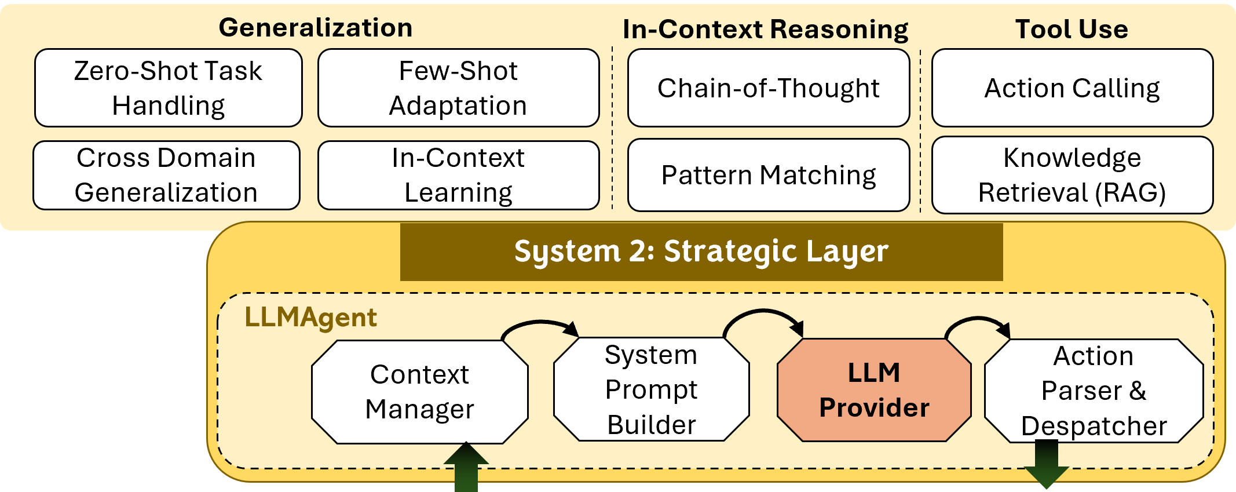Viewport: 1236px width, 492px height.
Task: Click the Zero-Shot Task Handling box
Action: [x=168, y=88]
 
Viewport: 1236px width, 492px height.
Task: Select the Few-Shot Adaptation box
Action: [x=458, y=88]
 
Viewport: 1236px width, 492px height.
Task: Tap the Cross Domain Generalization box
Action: [x=166, y=175]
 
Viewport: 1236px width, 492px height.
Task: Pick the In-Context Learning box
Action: [x=458, y=175]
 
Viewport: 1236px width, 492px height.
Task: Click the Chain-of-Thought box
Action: [x=768, y=88]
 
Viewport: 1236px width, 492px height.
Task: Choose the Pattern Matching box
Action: [x=768, y=175]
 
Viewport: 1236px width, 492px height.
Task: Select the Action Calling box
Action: [x=1072, y=88]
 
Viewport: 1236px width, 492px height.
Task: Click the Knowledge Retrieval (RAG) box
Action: [x=1072, y=175]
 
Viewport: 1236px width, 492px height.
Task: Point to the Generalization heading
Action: [x=316, y=27]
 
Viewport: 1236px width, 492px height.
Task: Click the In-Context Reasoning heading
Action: [x=765, y=29]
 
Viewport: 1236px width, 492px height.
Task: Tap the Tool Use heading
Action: [x=1072, y=29]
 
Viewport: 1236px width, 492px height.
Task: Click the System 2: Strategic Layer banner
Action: [x=701, y=252]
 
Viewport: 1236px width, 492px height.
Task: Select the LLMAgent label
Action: [x=310, y=318]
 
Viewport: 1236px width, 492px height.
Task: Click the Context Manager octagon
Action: [x=419, y=392]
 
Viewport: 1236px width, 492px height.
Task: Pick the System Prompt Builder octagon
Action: [x=651, y=389]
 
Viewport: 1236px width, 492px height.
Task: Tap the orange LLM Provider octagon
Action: [x=873, y=389]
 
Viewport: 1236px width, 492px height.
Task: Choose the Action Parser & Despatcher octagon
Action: [x=1094, y=391]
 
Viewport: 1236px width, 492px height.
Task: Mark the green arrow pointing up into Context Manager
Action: [x=466, y=468]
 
